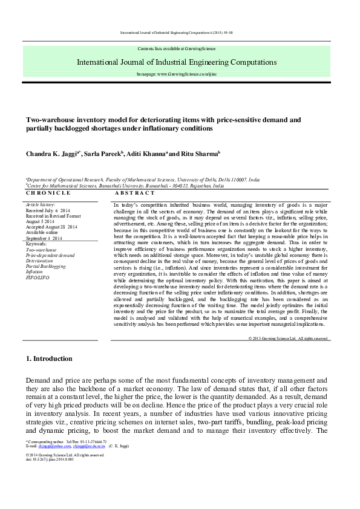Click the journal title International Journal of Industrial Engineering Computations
tap(177, 62)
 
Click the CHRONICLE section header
tap(48, 193)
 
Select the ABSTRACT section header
tap(130, 193)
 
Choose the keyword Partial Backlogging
tap(45, 266)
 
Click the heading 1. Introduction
tap(49, 358)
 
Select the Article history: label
tap(41, 206)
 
